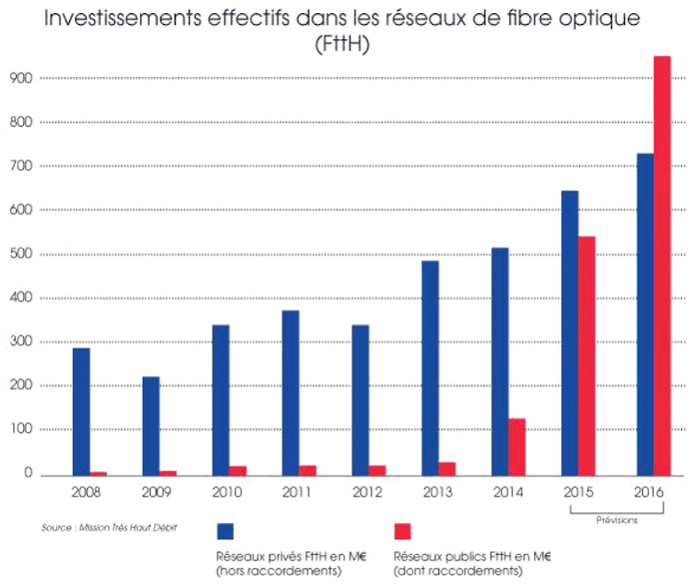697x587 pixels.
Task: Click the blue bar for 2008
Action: tap(81, 411)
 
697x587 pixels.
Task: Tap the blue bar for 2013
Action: tap(430, 367)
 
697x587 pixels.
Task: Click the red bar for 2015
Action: tap(586, 355)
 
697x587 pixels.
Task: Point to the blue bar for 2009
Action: tap(151, 425)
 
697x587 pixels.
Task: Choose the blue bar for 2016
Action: tap(645, 314)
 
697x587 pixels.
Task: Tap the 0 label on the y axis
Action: tap(28, 474)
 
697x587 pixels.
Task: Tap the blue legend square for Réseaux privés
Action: tap(225, 530)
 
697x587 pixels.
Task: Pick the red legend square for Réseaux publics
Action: tap(402, 530)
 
